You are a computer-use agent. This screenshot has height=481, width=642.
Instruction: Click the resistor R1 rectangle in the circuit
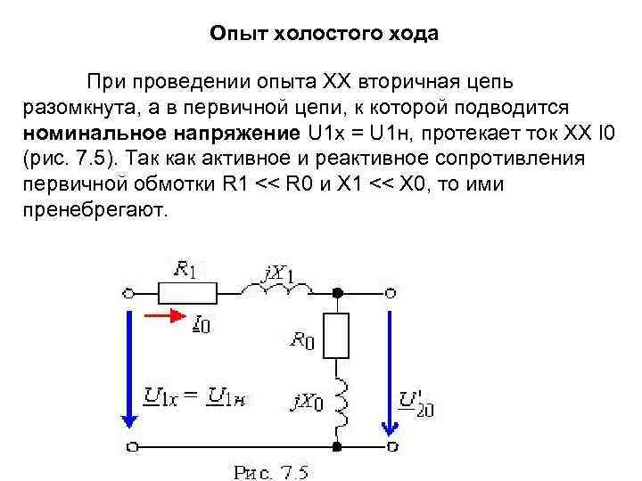click(187, 292)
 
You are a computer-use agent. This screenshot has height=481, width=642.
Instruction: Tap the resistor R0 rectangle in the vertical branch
click(337, 334)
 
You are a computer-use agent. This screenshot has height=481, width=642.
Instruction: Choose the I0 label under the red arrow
click(202, 326)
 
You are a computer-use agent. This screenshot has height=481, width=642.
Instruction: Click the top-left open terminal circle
click(130, 292)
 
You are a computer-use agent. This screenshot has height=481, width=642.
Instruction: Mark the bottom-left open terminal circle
click(130, 444)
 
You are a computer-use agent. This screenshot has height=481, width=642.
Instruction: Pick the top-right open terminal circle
click(391, 292)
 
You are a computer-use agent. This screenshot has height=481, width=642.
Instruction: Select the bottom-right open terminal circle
click(391, 444)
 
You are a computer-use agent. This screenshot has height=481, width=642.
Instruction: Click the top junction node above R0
click(337, 292)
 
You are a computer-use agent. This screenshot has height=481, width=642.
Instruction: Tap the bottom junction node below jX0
click(337, 444)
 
